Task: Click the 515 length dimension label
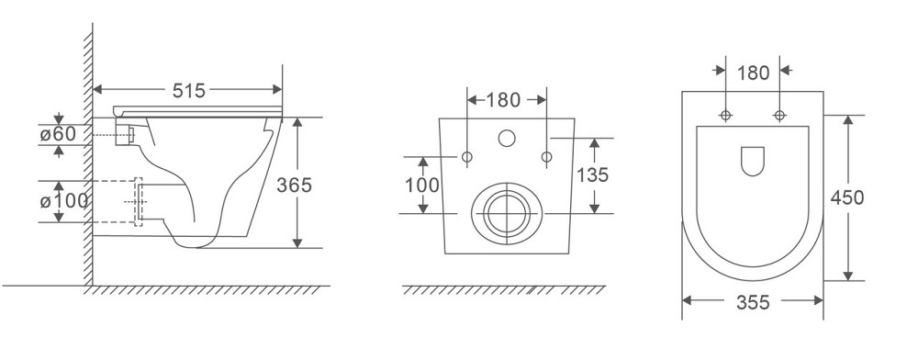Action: tap(188, 90)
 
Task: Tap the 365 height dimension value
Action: tap(294, 185)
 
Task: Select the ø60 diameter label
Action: tap(58, 134)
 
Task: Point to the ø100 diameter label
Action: tap(64, 201)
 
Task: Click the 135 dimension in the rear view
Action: tap(592, 174)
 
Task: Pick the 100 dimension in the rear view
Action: tap(422, 185)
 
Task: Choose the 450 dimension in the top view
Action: tap(847, 197)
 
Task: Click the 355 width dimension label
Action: tap(753, 303)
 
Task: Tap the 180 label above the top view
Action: tap(753, 73)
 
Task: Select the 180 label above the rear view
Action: tap(503, 100)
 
